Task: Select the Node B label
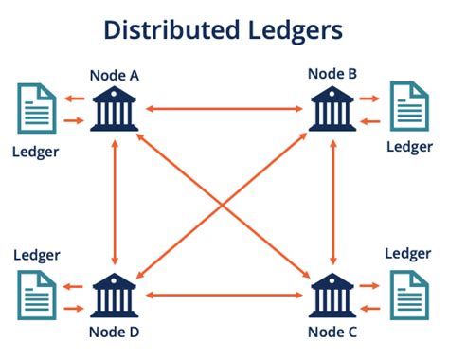[332, 72]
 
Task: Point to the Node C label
[332, 331]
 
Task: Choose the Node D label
[114, 331]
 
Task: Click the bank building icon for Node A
[115, 109]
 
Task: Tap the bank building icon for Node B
[332, 109]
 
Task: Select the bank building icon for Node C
[332, 295]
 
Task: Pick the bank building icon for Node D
[115, 295]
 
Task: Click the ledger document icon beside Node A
[34, 108]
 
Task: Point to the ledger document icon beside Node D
[34, 294]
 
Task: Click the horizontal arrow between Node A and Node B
[224, 110]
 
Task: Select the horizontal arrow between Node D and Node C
[224, 297]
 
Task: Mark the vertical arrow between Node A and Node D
[115, 202]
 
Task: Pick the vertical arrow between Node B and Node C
[332, 202]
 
